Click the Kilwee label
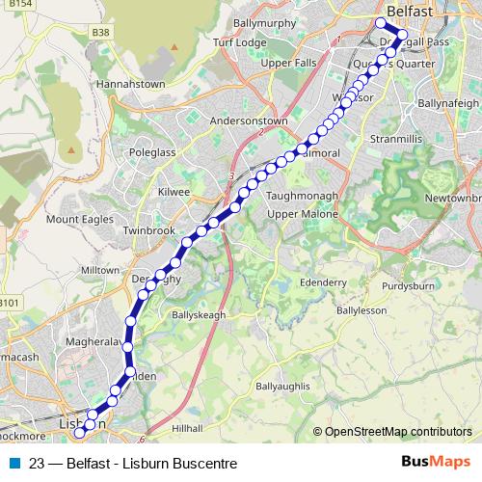coord(174,192)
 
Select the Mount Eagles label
coord(75,221)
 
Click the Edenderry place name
coord(323,281)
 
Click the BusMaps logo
coord(436,463)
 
